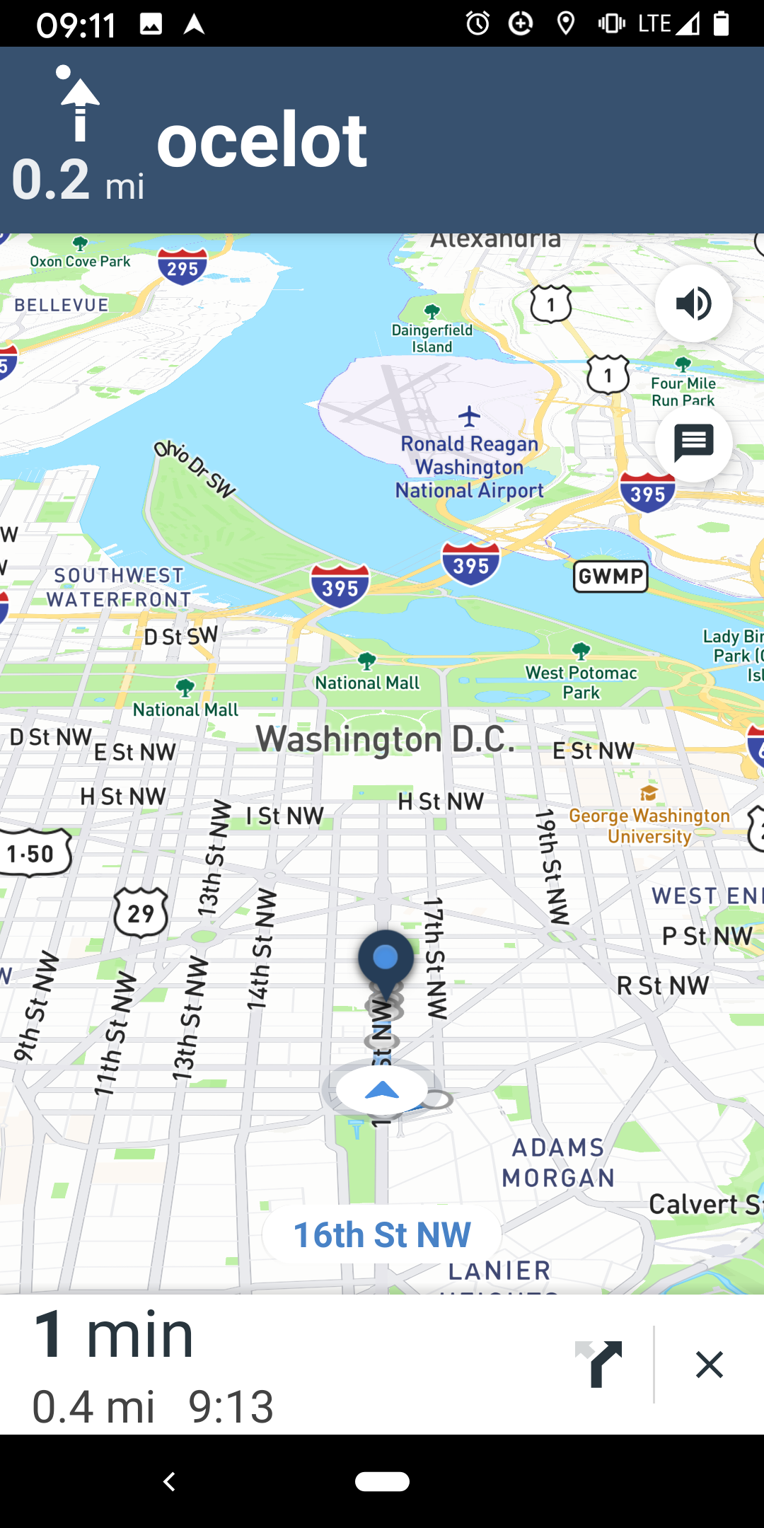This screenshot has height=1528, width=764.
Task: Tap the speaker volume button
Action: point(693,303)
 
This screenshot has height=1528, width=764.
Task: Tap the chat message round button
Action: point(693,444)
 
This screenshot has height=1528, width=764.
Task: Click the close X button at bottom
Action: point(709,1365)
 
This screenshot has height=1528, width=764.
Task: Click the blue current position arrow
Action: point(382,1090)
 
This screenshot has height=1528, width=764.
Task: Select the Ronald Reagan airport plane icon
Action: point(469,416)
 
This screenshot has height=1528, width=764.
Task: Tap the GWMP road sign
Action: point(610,577)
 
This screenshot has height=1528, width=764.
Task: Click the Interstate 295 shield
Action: point(183,267)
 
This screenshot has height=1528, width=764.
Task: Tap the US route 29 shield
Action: point(141,913)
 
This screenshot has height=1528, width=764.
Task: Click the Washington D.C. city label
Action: point(386,739)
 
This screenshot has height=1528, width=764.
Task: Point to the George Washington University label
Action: point(649,826)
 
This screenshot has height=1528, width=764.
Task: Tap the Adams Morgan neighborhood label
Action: point(558,1162)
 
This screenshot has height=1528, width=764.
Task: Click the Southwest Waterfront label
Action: point(119,587)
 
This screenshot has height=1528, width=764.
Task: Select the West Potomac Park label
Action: point(581,682)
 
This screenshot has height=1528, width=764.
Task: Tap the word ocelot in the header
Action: point(262,141)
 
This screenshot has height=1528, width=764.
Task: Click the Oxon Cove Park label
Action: point(80,261)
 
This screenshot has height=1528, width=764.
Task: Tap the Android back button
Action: point(169,1481)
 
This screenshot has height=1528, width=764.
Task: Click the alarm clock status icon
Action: point(477,23)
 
